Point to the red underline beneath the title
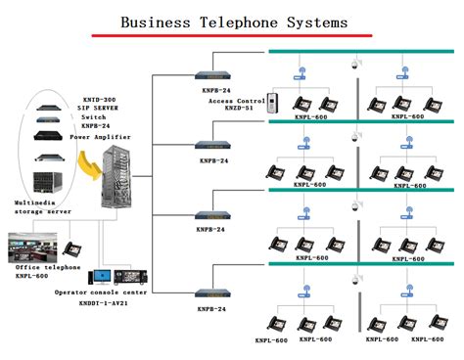231,35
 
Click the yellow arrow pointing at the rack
92,176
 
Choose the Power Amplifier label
105,137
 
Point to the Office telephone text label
43,267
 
